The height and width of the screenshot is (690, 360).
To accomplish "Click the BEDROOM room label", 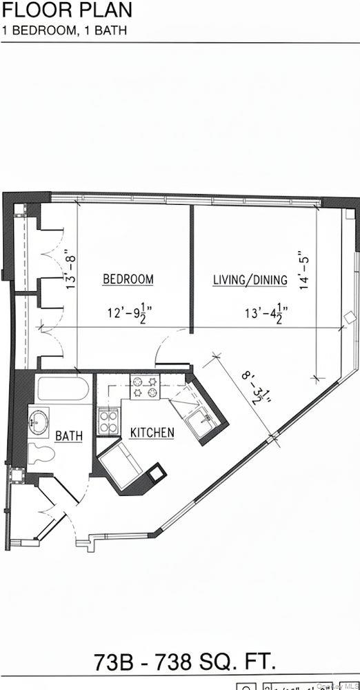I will click(x=128, y=279).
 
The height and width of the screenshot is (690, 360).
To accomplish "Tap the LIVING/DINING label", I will click(x=249, y=279).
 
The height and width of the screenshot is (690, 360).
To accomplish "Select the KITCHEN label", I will click(x=152, y=433).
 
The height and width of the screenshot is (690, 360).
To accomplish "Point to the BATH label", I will click(x=69, y=435).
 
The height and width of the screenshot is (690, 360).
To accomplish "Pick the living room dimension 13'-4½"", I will click(x=266, y=313).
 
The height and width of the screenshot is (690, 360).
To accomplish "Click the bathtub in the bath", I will click(x=63, y=391).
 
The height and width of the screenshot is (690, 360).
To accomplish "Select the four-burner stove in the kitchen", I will click(x=146, y=386).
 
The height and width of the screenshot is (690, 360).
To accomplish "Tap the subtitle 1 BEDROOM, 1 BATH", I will click(x=63, y=30).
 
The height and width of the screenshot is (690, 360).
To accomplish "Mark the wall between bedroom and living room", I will click(x=191, y=269).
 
